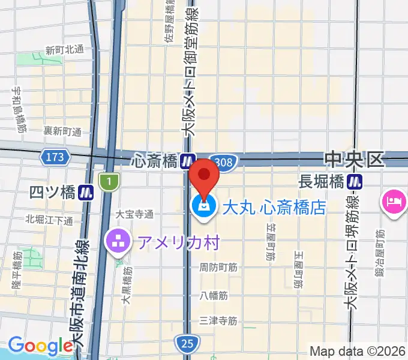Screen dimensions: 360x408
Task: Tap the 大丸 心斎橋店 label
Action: click(x=274, y=208)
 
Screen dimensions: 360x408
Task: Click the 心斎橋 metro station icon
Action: click(x=188, y=161)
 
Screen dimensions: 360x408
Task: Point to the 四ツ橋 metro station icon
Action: click(x=88, y=193)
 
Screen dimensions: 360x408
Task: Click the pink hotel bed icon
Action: click(x=394, y=200)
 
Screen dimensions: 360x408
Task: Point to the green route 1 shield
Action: click(x=109, y=181)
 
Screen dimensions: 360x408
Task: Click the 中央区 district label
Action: click(x=353, y=160)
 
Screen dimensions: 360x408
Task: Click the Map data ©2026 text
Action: click(x=358, y=351)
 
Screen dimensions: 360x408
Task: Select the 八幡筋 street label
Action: click(x=214, y=295)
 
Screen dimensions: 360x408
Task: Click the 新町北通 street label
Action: click(x=64, y=50)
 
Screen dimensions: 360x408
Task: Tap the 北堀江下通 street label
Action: click(x=49, y=220)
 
